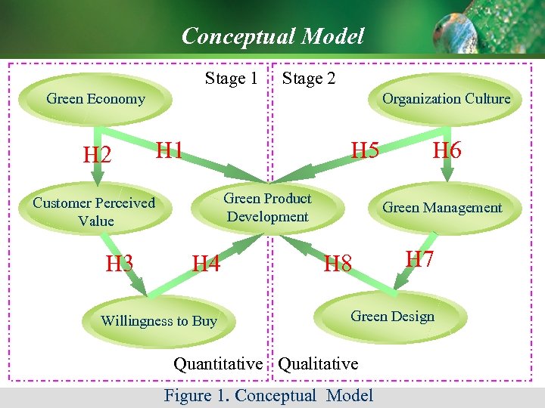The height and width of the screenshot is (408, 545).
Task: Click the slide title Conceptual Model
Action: click(272, 36)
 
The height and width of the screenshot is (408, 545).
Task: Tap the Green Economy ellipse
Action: click(95, 99)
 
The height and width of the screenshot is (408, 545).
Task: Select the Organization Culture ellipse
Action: click(446, 99)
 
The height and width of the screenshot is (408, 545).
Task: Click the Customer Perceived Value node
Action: click(94, 212)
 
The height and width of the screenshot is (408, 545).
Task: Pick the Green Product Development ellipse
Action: click(267, 208)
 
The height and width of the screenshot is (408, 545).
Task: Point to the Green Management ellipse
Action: click(442, 208)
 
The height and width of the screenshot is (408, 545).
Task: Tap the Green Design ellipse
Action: click(392, 317)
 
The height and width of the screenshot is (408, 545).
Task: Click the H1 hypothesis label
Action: click(170, 150)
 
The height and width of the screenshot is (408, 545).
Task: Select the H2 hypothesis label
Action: click(97, 156)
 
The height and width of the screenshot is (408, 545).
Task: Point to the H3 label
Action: click(120, 264)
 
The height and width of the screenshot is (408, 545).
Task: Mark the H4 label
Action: click(206, 264)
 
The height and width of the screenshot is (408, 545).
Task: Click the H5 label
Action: click(365, 150)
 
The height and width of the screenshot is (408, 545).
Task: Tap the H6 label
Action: click(447, 150)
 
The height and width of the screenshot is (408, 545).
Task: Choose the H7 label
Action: click(419, 259)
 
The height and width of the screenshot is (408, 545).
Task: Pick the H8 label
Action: click(338, 264)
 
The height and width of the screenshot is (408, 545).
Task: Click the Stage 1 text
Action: click(231, 79)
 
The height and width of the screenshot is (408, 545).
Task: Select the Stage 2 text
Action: click(309, 79)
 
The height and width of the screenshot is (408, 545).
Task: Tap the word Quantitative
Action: click(218, 364)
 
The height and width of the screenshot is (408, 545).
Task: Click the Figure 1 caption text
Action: click(269, 395)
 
